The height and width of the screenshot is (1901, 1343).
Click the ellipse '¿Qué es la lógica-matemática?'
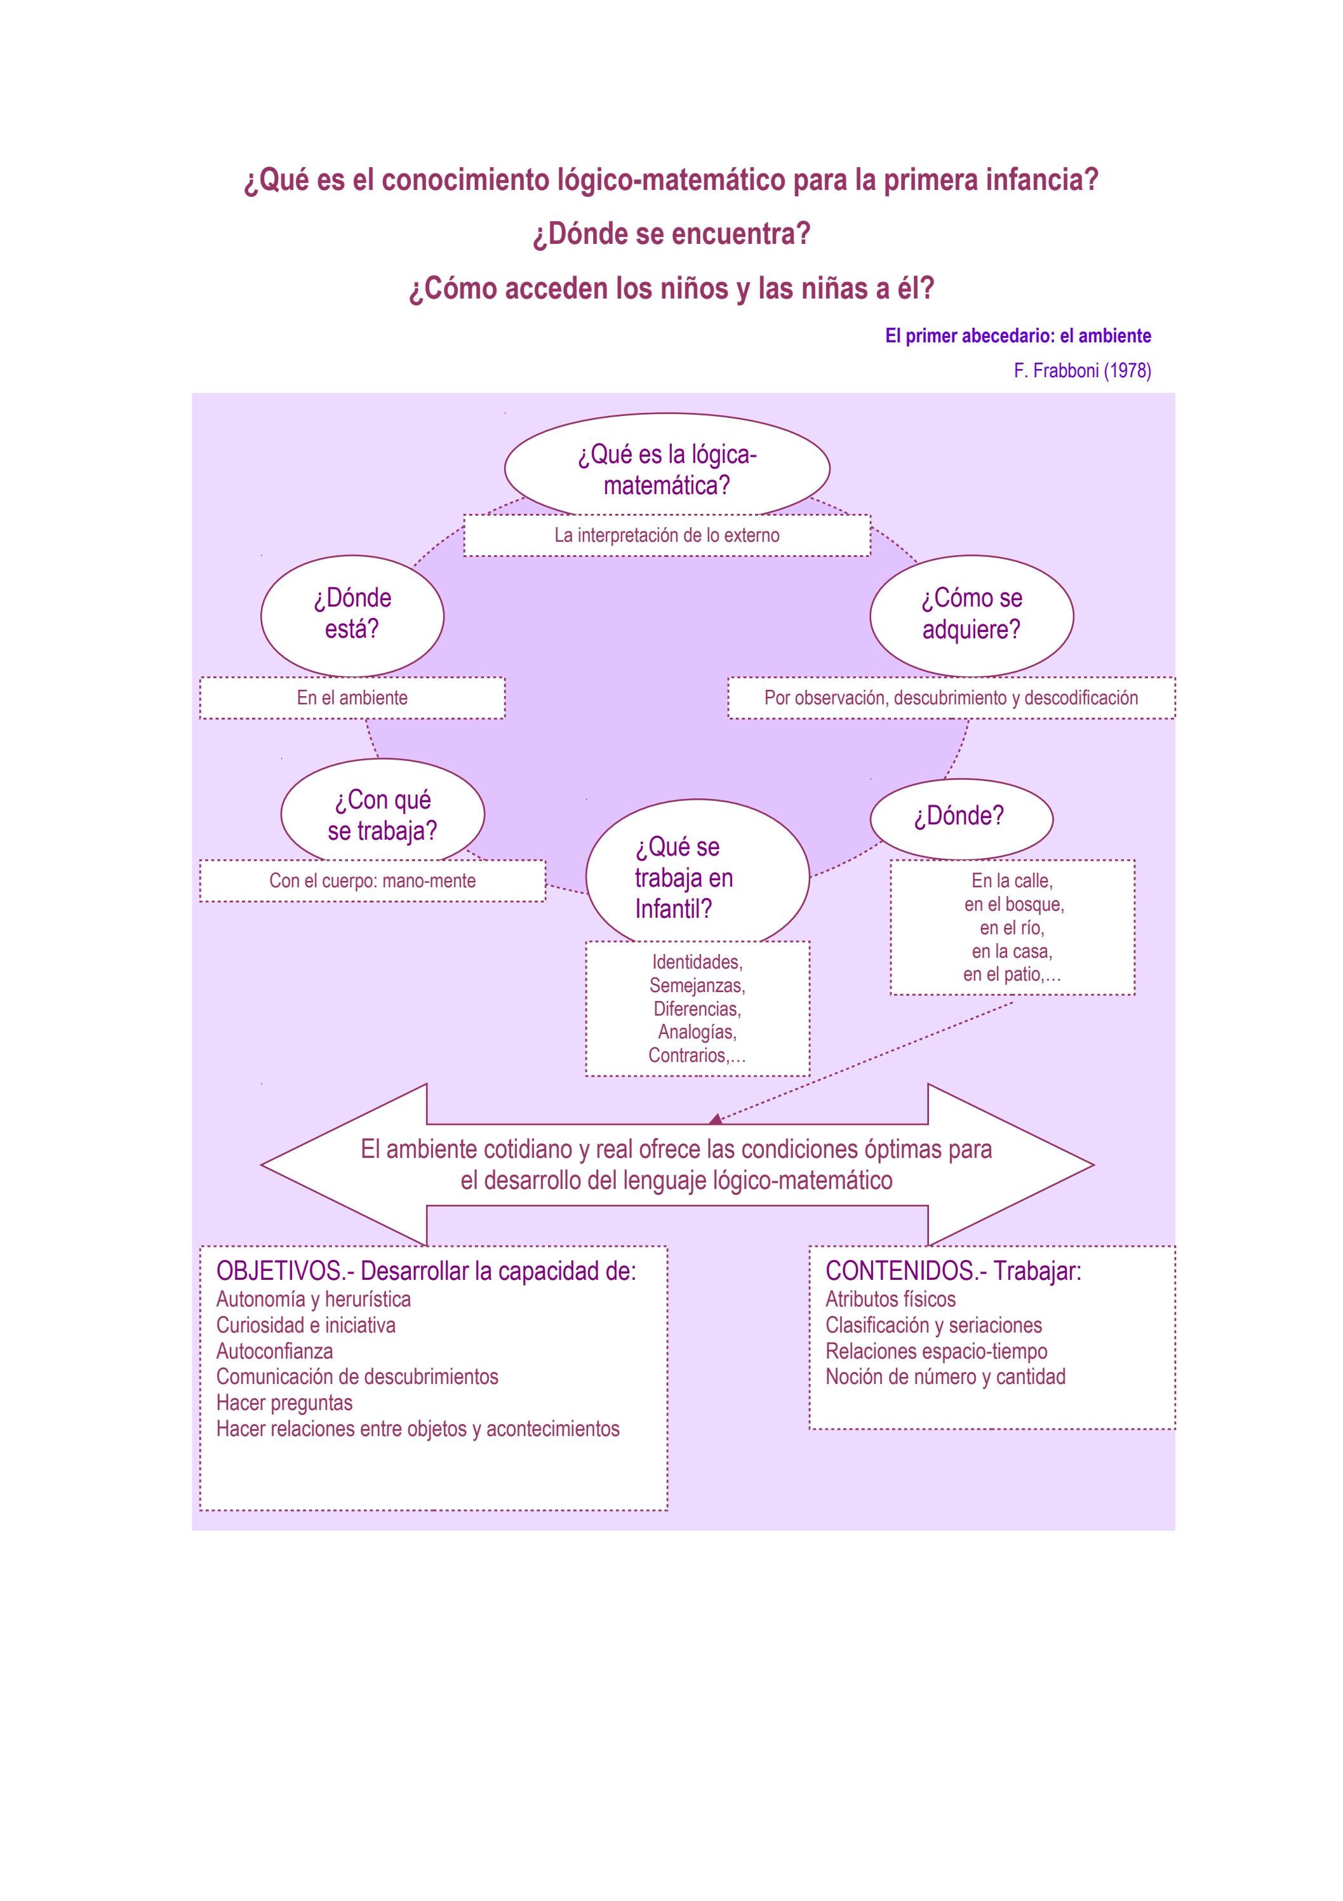tap(667, 468)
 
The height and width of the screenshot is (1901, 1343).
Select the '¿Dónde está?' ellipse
tap(352, 614)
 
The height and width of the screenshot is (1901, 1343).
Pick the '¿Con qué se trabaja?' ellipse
tap(382, 815)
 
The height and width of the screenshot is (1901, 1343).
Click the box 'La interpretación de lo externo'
tap(667, 535)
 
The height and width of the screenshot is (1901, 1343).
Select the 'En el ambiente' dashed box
tap(352, 697)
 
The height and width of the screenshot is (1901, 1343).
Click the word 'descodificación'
tap(1081, 697)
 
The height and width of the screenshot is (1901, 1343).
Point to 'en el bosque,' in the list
tap(1013, 904)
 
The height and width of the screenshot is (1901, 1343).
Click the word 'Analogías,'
tap(697, 1031)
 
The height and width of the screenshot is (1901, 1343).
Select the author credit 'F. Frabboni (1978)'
tap(1081, 371)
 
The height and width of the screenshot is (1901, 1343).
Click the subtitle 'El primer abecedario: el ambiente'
tap(1018, 335)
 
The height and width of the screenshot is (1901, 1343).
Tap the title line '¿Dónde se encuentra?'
tap(671, 234)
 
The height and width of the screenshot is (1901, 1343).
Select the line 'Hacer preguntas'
tap(284, 1402)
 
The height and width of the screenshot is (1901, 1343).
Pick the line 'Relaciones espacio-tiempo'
tap(935, 1351)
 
